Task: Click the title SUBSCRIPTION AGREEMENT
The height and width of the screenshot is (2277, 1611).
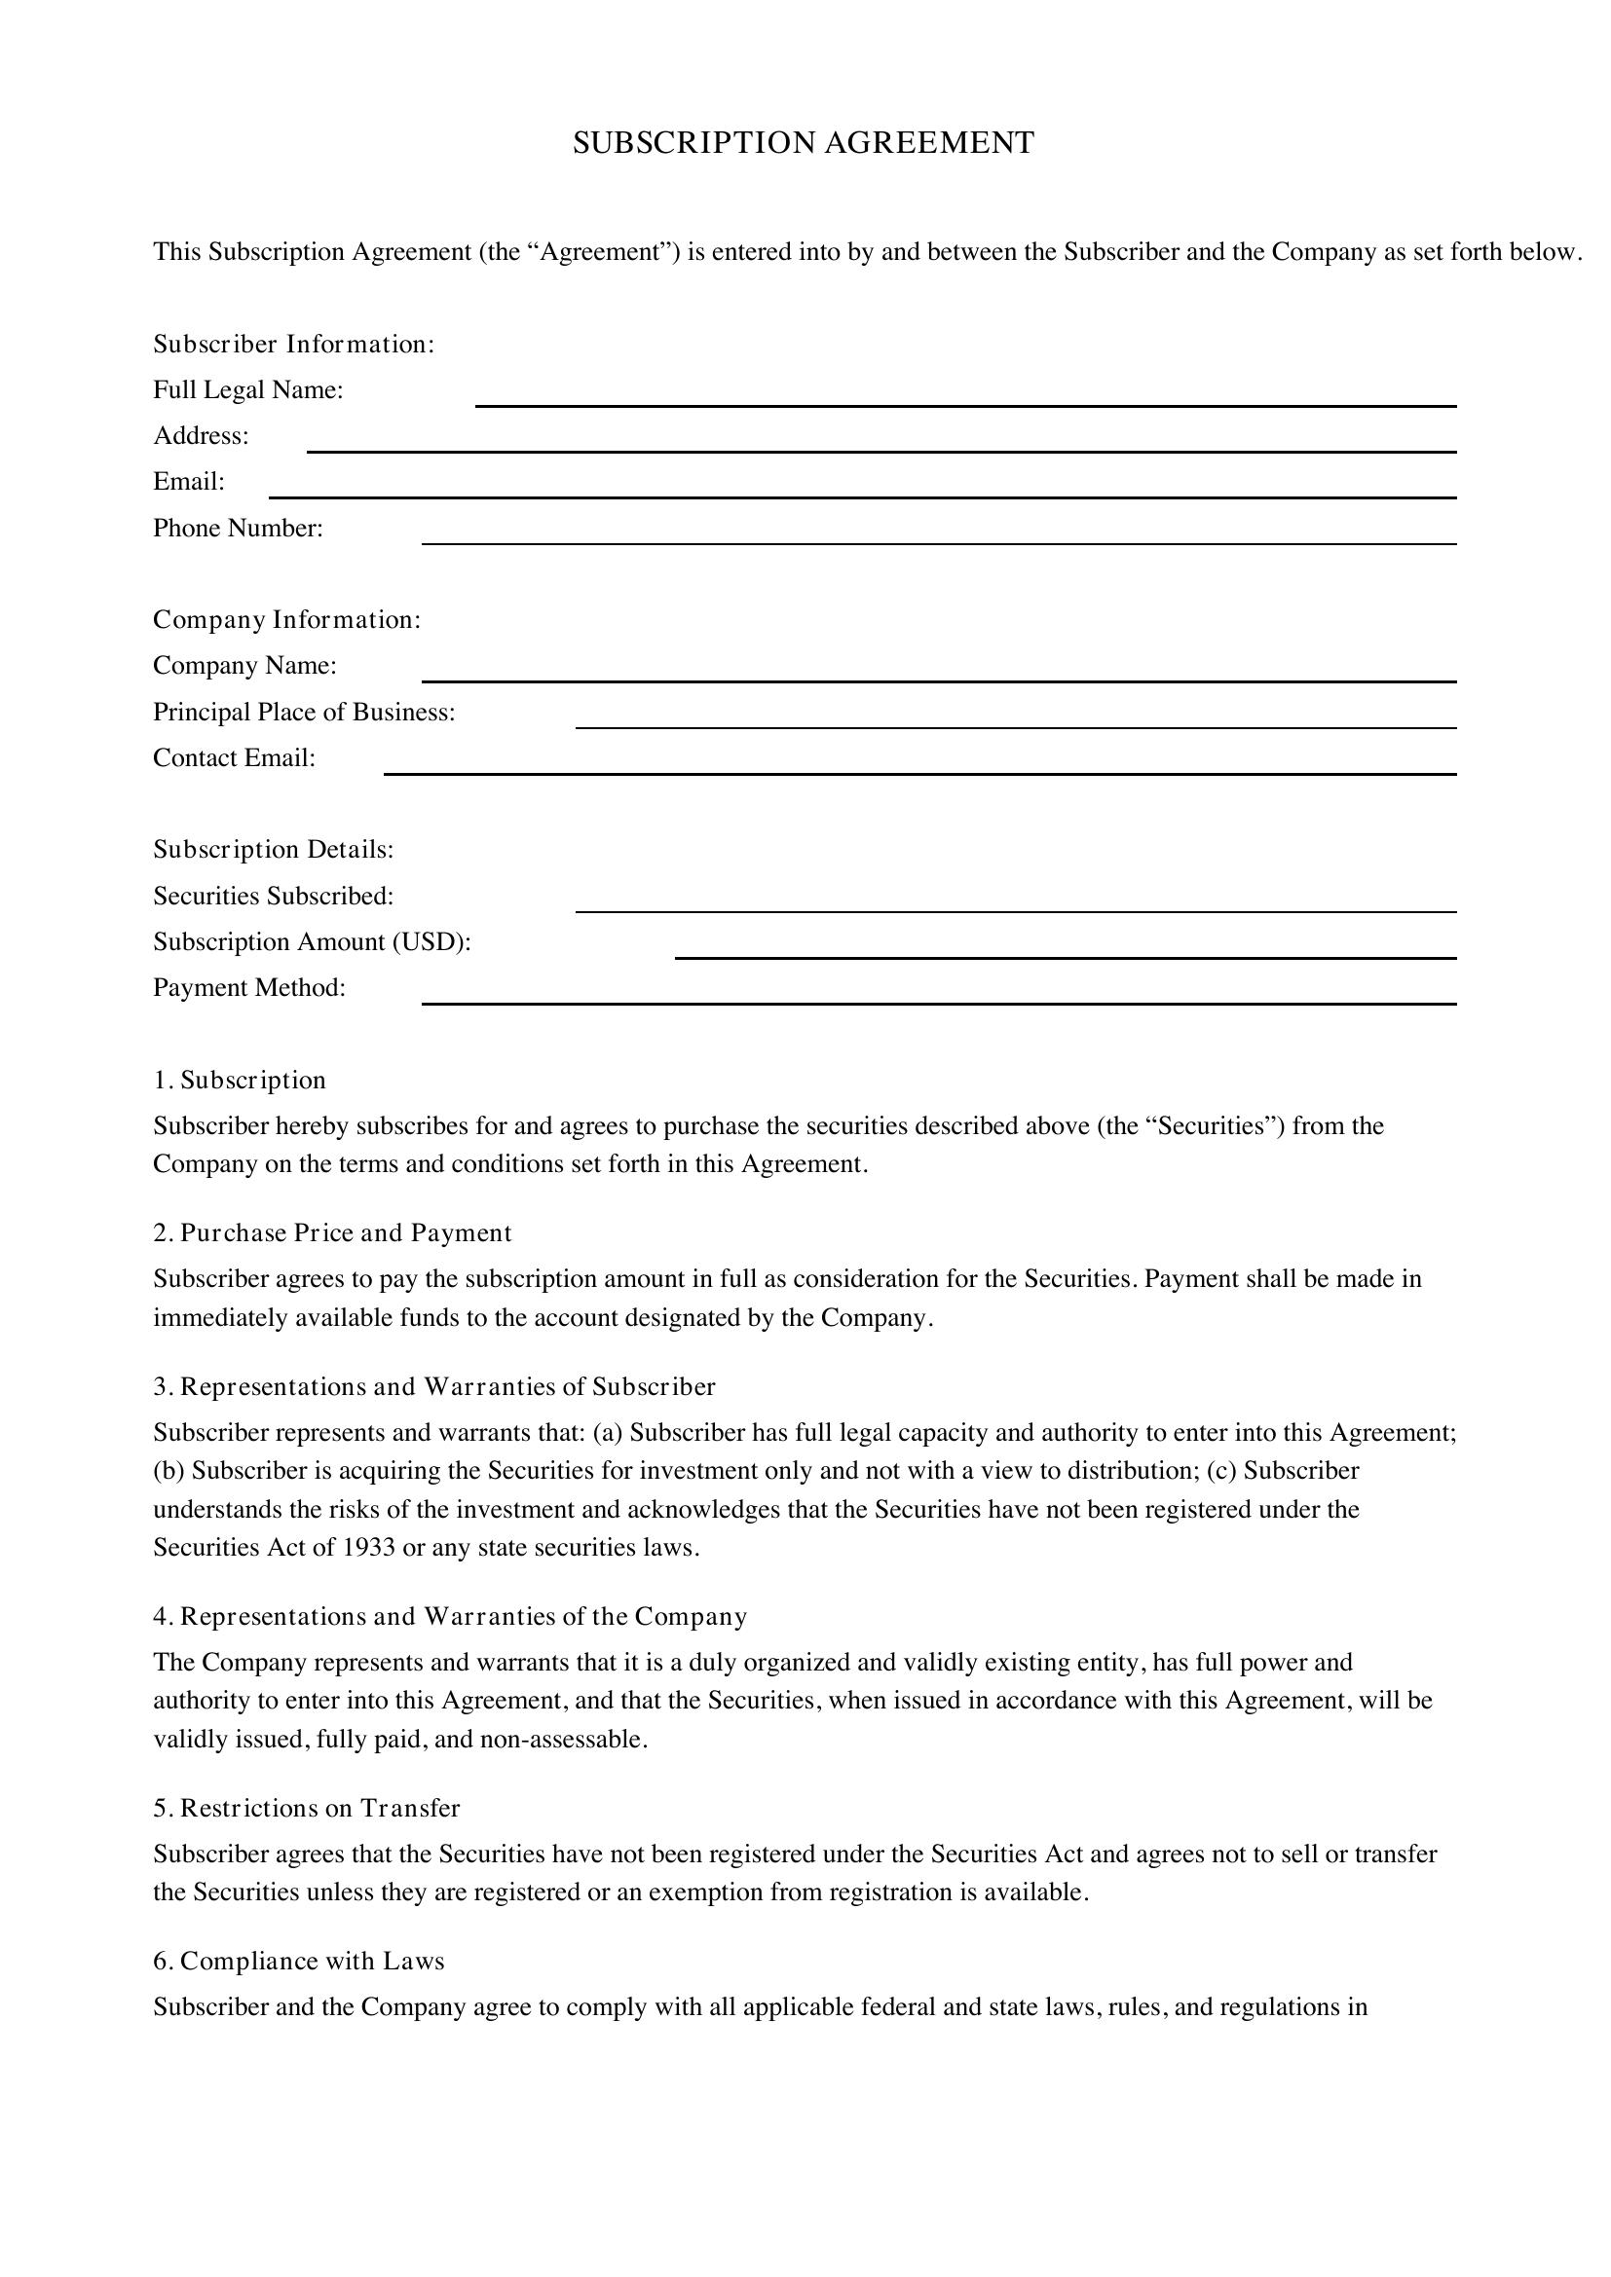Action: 804,143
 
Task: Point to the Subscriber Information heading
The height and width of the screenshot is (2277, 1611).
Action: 293,344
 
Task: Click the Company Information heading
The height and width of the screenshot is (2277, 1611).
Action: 286,620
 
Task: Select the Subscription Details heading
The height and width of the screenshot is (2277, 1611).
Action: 273,850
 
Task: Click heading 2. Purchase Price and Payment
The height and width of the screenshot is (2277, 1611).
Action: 332,1232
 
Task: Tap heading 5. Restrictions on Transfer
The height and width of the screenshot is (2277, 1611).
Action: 307,1808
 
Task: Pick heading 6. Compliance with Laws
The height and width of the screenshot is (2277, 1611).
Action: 299,1961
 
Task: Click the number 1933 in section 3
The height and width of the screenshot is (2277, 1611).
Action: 369,1547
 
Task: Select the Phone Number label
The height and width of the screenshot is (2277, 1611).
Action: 238,529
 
